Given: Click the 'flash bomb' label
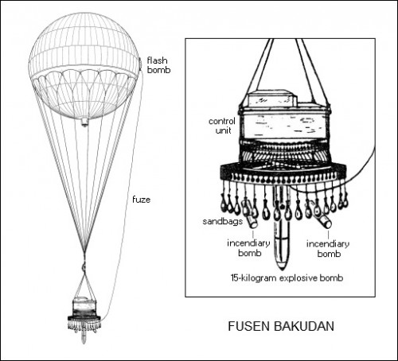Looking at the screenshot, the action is click(158, 65).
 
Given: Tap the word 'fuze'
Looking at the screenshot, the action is click(141, 200).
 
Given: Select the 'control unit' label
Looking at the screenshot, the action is click(222, 126).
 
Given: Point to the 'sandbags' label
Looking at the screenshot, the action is click(222, 221).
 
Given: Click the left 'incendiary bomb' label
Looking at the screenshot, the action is click(248, 248).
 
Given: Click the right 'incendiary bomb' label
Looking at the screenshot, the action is click(328, 249).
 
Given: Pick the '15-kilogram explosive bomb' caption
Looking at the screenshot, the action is click(287, 278).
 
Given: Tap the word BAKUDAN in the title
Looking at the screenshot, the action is click(304, 326).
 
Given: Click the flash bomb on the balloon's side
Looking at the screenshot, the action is click(140, 64).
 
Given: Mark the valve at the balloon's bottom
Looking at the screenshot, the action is click(84, 122).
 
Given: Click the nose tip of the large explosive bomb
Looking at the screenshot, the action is click(282, 268).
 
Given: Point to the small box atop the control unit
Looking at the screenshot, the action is click(272, 98).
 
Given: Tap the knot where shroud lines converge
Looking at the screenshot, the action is click(84, 265).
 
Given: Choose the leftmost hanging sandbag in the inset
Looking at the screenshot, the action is click(224, 204).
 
